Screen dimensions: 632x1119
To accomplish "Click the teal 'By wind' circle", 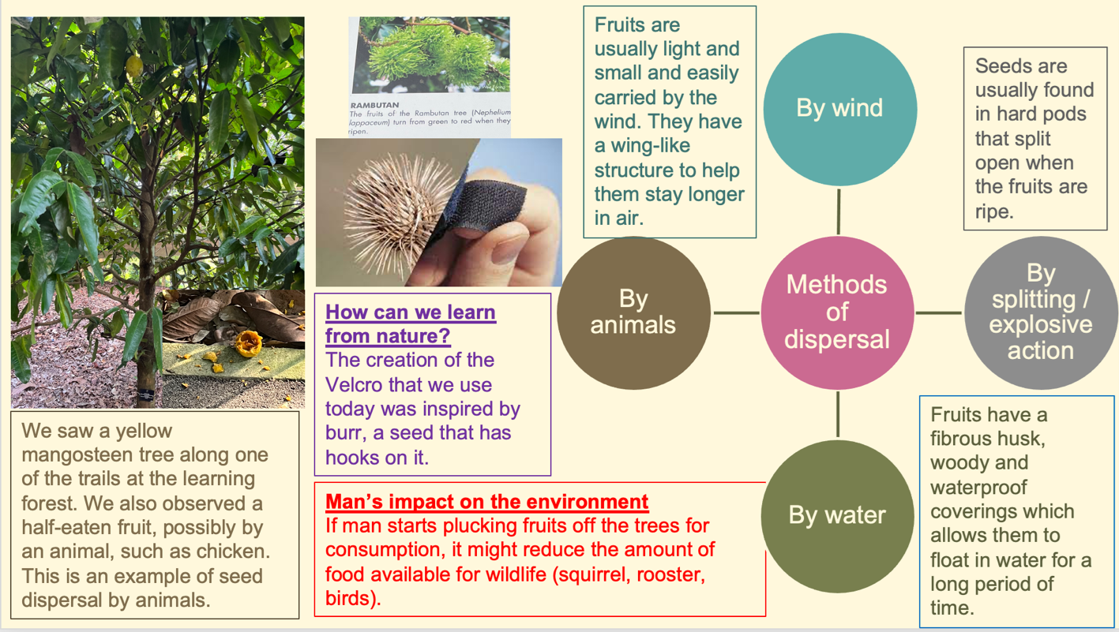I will tap(839, 109).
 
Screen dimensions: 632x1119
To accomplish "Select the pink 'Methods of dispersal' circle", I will tap(837, 312).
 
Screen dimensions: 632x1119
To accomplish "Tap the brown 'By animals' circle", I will tap(633, 312).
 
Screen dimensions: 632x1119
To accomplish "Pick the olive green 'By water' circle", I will tap(837, 516).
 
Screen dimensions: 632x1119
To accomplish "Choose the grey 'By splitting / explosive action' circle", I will tap(1041, 312).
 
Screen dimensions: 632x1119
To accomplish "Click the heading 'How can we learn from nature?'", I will tap(411, 323).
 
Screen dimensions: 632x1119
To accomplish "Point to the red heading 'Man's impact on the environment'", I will tap(487, 502).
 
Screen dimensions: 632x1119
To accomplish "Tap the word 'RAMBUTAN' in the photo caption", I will tap(375, 105).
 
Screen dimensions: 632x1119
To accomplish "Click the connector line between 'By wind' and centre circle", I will tap(838, 211).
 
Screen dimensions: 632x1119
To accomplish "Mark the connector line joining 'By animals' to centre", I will tap(736, 313).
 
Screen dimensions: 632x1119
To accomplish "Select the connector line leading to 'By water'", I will tap(838, 414).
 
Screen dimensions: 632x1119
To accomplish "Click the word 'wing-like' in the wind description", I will tap(642, 146).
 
